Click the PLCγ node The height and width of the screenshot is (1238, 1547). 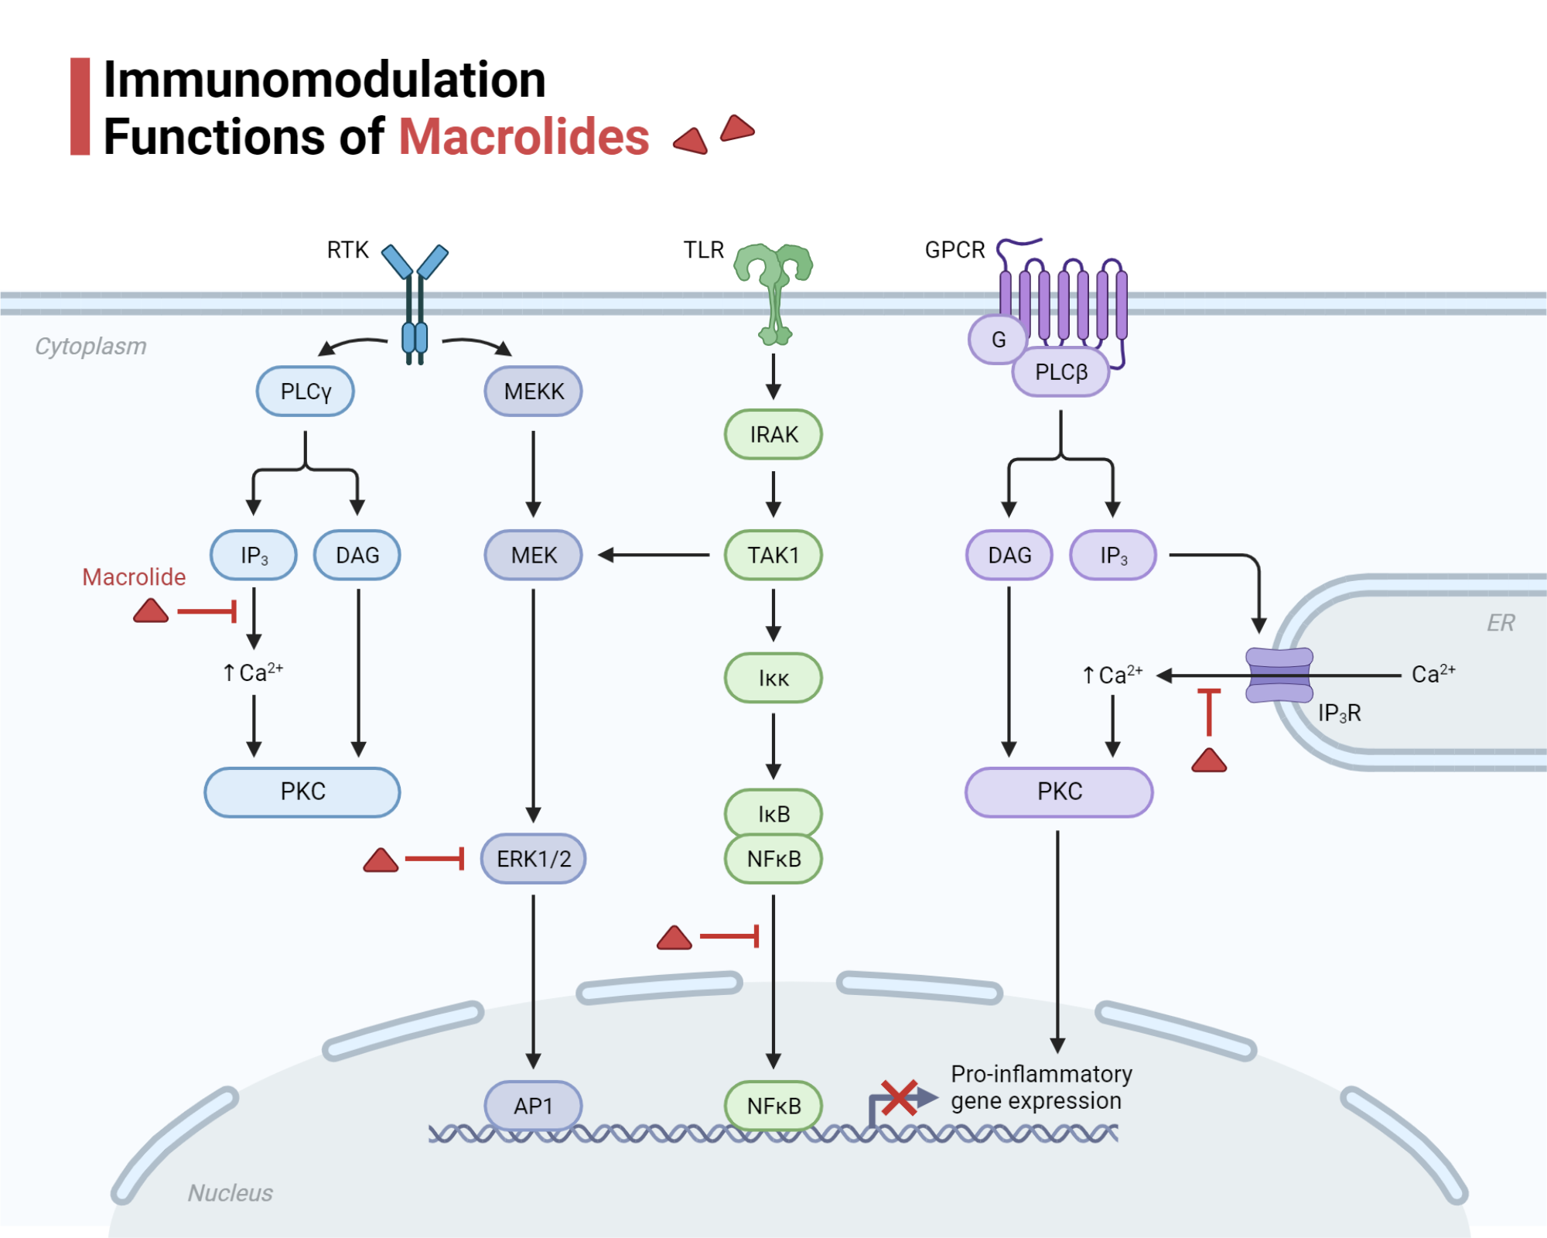(305, 392)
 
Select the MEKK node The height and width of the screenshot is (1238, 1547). (533, 392)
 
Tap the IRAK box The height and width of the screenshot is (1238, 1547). (773, 435)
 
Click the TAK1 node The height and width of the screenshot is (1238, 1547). (773, 556)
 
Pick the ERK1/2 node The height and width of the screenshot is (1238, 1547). (533, 859)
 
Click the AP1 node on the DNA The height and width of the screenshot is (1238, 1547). (533, 1106)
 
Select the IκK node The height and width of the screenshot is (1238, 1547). (773, 679)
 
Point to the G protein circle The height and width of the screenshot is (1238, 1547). (998, 340)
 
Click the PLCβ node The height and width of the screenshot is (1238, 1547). (1060, 372)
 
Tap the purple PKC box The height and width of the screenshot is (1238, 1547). (1059, 792)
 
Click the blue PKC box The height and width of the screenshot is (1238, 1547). (302, 792)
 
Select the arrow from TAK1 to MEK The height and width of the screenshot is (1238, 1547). (654, 555)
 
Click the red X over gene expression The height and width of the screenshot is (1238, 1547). (899, 1097)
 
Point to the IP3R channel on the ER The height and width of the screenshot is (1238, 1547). (1279, 675)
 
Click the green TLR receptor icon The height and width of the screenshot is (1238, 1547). (773, 286)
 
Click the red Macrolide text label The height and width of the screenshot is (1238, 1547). (134, 577)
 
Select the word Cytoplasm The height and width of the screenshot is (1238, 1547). (90, 347)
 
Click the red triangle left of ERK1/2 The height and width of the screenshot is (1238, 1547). (381, 860)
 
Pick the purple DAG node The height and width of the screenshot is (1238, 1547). (1009, 556)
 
